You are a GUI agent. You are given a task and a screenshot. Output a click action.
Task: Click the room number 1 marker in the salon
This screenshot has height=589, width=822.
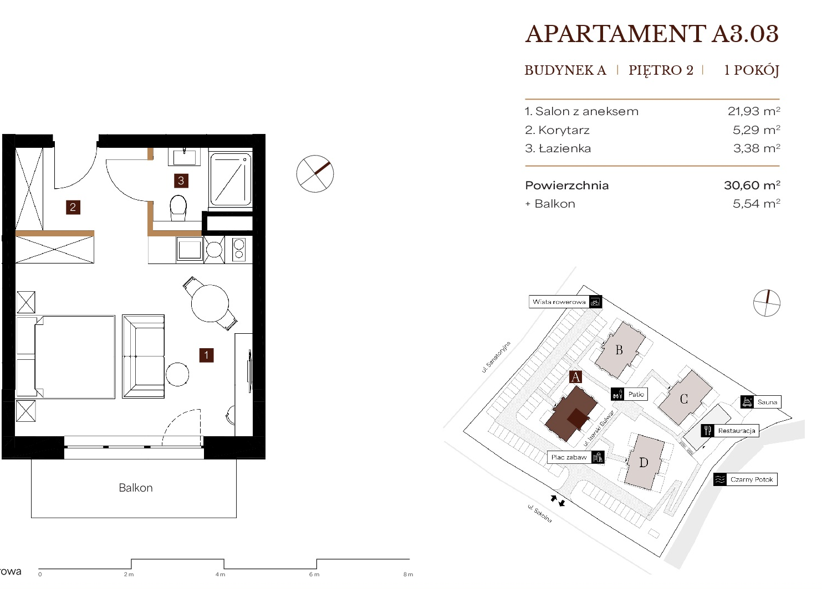[x=206, y=355]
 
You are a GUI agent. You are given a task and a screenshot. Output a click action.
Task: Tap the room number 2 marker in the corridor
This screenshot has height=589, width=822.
[x=73, y=208]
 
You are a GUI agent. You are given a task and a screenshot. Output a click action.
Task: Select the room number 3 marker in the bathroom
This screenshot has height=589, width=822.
[x=181, y=180]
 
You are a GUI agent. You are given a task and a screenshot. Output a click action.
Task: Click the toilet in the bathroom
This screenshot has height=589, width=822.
[x=178, y=208]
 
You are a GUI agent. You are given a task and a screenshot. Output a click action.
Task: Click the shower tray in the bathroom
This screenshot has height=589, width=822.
[x=231, y=179]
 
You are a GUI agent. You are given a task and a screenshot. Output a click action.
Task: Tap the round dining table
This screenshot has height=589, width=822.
[x=210, y=303]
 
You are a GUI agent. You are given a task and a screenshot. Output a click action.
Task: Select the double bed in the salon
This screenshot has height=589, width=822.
[x=66, y=356]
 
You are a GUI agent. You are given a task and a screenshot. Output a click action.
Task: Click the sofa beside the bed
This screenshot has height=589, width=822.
[x=143, y=356]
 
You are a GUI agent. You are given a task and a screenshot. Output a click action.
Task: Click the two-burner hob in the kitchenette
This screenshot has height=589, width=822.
[x=239, y=250]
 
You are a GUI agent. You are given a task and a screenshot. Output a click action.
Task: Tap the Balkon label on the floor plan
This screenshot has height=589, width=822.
[x=136, y=488]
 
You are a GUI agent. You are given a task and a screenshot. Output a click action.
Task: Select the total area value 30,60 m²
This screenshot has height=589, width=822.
[x=752, y=185]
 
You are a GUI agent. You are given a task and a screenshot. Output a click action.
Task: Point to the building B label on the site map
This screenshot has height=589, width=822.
[x=619, y=350]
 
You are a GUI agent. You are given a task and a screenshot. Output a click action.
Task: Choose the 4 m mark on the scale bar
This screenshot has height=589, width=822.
[x=220, y=575]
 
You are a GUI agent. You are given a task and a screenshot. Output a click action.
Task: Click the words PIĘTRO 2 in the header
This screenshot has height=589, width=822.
[x=661, y=70]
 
